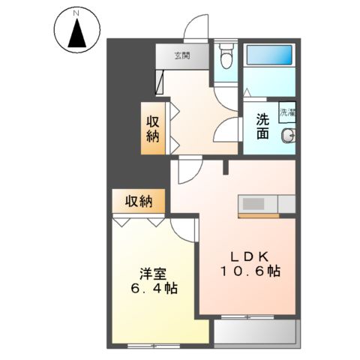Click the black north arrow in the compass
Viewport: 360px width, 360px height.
click(78, 34)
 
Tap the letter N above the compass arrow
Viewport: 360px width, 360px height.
click(78, 12)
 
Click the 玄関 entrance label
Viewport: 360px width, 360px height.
click(182, 55)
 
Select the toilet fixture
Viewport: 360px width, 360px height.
click(226, 57)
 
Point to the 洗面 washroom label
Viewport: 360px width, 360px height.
click(262, 125)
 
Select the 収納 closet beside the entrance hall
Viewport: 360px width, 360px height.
click(152, 128)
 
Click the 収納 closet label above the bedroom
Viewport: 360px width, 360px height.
click(139, 200)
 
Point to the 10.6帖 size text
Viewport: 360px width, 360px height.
click(250, 271)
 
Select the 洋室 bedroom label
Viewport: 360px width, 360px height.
click(148, 273)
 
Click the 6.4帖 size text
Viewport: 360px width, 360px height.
click(150, 289)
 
